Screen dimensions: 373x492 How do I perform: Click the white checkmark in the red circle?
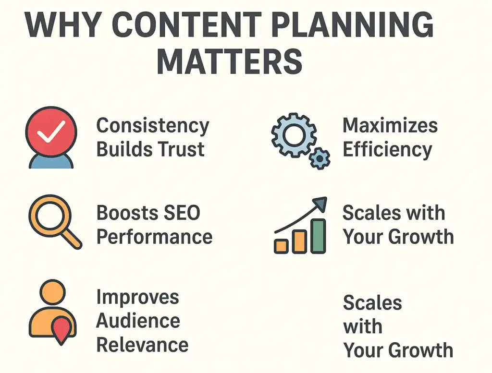click(x=51, y=130)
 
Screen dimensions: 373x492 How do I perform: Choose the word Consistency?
click(x=153, y=126)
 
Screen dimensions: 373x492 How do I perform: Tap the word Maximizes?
click(x=390, y=126)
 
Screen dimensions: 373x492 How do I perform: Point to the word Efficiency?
click(x=387, y=150)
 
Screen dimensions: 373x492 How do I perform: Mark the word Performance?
click(x=154, y=237)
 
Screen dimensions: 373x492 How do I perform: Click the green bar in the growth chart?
click(x=318, y=236)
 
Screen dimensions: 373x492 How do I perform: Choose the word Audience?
click(x=138, y=321)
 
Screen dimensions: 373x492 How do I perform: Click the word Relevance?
click(x=142, y=344)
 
